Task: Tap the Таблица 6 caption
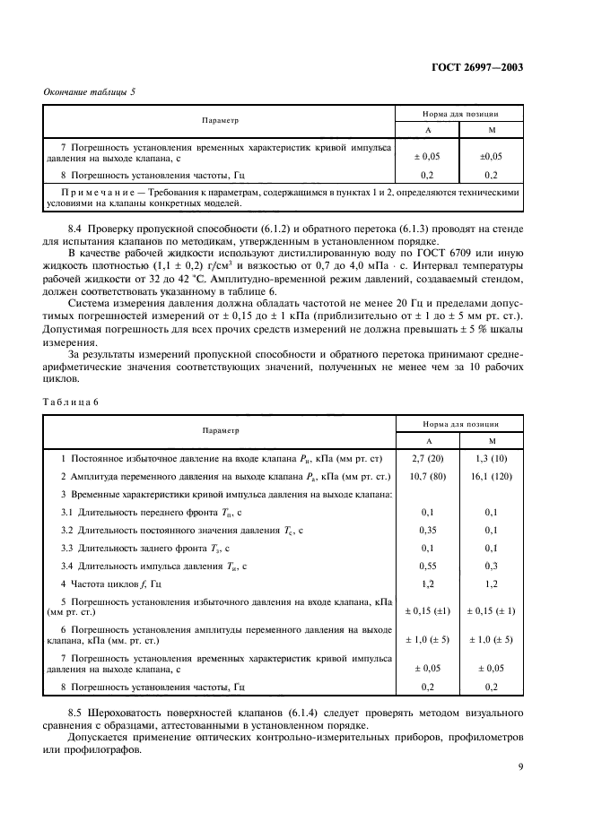coord(70,401)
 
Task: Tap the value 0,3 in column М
coord(490,567)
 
